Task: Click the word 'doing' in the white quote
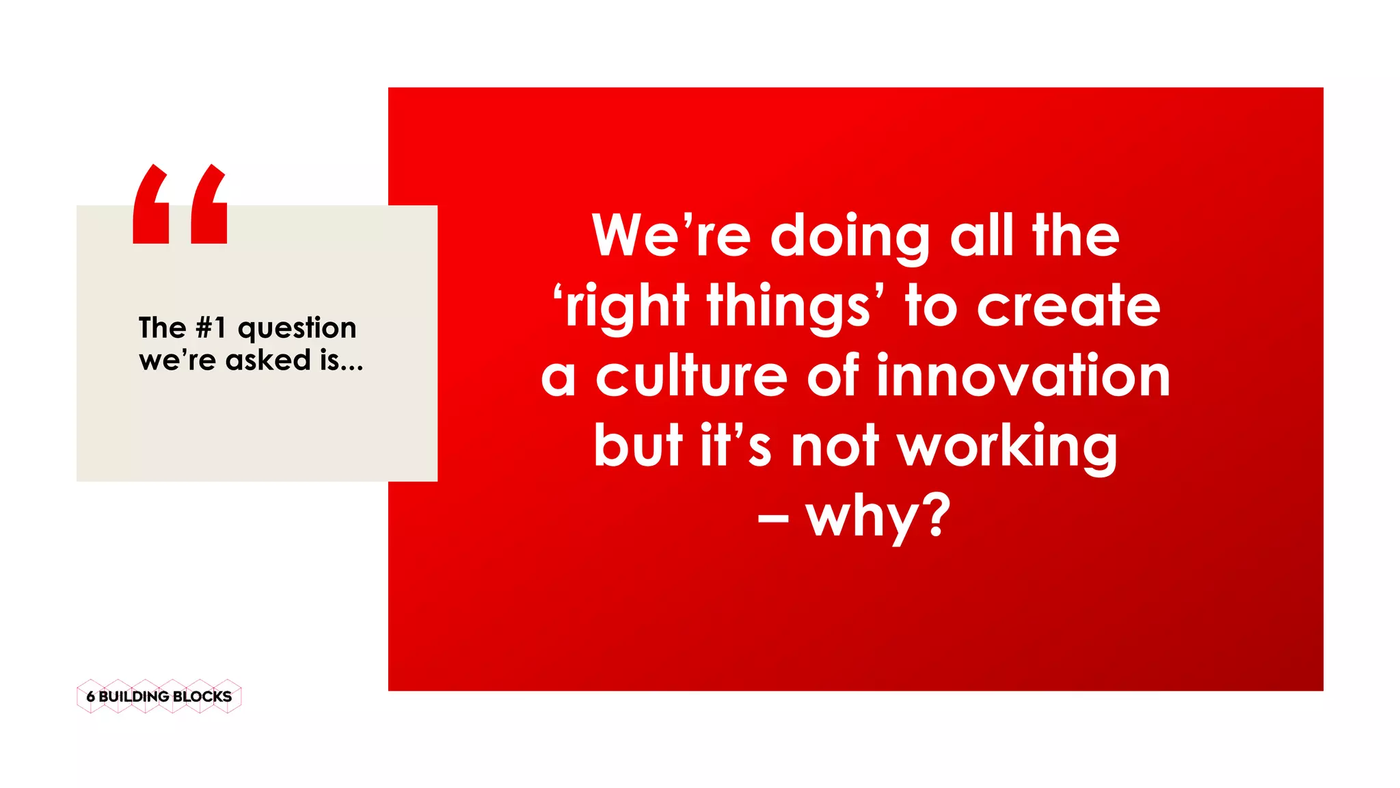pyautogui.click(x=850, y=237)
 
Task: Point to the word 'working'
pyautogui.click(x=1007, y=447)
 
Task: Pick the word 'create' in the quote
pyautogui.click(x=1068, y=306)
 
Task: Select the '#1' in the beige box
pyautogui.click(x=211, y=328)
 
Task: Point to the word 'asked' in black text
pyautogui.click(x=268, y=360)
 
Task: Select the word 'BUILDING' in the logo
pyautogui.click(x=134, y=696)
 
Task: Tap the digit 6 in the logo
pyautogui.click(x=90, y=696)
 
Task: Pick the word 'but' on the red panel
pyautogui.click(x=638, y=446)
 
